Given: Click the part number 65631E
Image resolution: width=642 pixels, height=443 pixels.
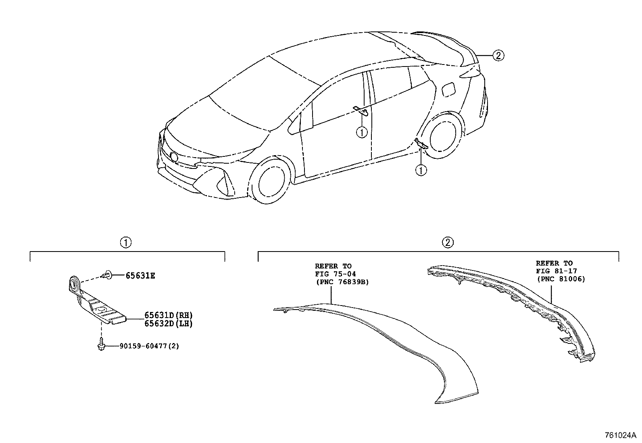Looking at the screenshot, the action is [140, 276].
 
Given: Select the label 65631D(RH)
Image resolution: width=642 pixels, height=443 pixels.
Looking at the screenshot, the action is [168, 315].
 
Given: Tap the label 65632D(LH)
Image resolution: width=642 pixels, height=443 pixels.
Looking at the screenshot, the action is [168, 324].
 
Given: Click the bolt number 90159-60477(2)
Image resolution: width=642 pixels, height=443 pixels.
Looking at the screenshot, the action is [149, 346].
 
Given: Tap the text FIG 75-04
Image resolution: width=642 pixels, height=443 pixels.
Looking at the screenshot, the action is [336, 274].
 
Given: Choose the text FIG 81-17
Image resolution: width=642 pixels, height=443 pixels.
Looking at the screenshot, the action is [557, 271].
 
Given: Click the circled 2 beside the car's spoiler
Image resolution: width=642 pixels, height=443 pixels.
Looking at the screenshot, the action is [498, 55].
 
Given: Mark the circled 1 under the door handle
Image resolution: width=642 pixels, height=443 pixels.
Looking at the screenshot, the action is [362, 132].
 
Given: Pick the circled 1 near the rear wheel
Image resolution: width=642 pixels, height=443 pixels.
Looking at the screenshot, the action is [421, 171].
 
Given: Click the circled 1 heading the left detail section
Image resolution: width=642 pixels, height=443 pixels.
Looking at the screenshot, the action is [126, 243].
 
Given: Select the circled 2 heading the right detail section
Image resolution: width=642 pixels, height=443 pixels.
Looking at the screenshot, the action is [448, 243].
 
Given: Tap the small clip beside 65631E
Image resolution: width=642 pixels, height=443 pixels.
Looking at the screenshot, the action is [106, 275].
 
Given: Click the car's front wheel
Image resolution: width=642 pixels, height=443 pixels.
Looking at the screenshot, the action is [271, 183].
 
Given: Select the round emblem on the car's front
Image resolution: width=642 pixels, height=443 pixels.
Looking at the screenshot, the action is [174, 157].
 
